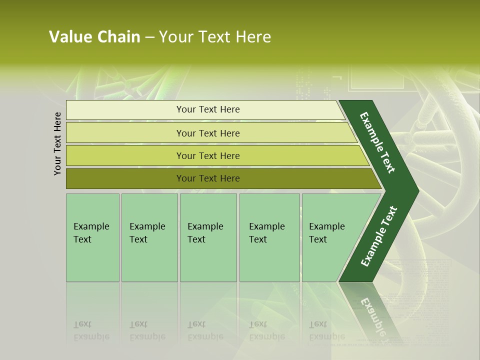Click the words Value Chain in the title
[94, 37]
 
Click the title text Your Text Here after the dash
[215, 37]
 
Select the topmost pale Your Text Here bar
[207, 109]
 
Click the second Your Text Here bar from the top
[207, 133]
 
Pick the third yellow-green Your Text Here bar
[207, 155]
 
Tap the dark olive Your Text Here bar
[207, 178]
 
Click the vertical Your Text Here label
[57, 143]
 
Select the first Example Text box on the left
[92, 237]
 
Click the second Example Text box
[149, 237]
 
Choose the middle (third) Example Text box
[208, 237]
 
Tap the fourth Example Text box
[269, 237]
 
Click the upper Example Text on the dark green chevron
[377, 142]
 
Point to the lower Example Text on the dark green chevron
[379, 236]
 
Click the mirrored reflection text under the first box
[91, 331]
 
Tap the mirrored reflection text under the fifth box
[326, 331]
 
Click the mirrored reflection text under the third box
[205, 331]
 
